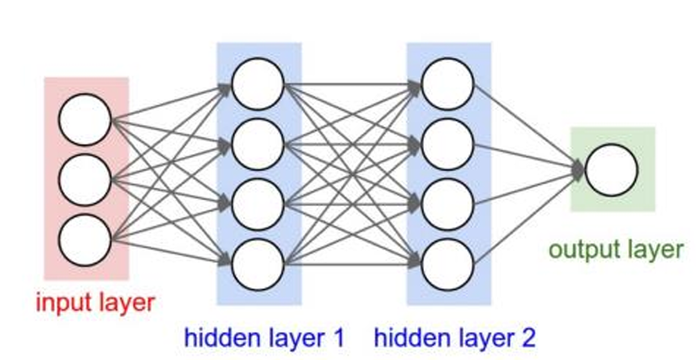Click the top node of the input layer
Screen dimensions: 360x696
[x=84, y=120]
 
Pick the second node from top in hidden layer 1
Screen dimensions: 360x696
[x=258, y=144]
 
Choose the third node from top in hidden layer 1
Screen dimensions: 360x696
[x=258, y=204]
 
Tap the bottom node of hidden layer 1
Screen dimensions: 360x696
[x=258, y=264]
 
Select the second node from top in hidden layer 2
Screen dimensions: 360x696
[x=447, y=144]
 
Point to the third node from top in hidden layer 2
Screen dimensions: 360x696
[x=447, y=204]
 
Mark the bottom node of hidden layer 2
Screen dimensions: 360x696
[x=447, y=264]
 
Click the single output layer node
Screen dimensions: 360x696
[x=612, y=169]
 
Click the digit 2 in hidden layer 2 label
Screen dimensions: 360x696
[x=527, y=336]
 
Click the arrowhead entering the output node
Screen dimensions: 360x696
[x=577, y=169]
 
